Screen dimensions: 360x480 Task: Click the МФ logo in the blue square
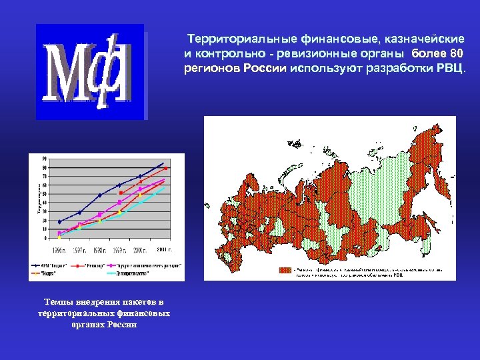(89, 71)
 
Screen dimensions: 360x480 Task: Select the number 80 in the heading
(455, 53)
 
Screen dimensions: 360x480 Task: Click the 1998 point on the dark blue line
(100, 195)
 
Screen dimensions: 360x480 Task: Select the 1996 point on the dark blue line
(59, 222)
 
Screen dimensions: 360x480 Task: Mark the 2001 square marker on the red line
(166, 169)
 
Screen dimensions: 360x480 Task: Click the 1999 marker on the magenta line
(120, 202)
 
